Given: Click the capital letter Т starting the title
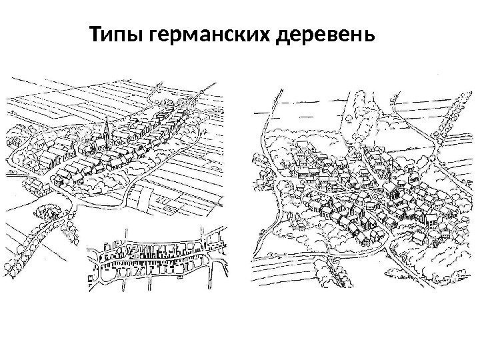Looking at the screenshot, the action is [95, 33].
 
